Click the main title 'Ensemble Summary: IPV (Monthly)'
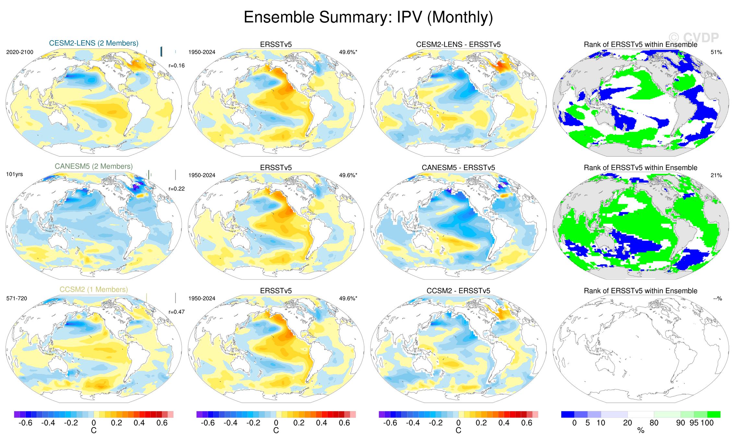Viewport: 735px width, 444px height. point(368,17)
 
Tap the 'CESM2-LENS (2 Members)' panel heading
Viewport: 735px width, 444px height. point(94,43)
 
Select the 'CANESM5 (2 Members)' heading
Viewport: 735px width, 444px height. point(94,166)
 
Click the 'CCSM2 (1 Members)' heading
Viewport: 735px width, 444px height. point(94,289)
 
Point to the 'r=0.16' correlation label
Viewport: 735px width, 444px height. point(177,66)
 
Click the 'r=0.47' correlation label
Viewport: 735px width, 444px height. point(177,312)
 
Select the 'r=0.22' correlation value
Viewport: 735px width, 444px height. point(177,189)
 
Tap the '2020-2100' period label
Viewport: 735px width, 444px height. point(20,52)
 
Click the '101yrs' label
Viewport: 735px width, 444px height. point(15,174)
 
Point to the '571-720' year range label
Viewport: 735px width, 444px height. point(17,298)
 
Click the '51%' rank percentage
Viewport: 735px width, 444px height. point(716,52)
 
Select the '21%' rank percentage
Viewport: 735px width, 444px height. point(716,175)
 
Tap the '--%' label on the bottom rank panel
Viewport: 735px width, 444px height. point(717,298)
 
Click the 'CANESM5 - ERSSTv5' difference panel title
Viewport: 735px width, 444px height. point(458,168)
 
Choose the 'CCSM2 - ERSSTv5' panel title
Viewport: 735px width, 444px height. point(458,291)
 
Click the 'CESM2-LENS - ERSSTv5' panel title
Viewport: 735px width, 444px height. point(458,44)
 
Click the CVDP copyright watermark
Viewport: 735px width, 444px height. point(694,38)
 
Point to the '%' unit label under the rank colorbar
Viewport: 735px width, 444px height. point(641,431)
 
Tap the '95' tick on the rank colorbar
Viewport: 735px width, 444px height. point(694,423)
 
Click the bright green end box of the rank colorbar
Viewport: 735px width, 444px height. point(714,414)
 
